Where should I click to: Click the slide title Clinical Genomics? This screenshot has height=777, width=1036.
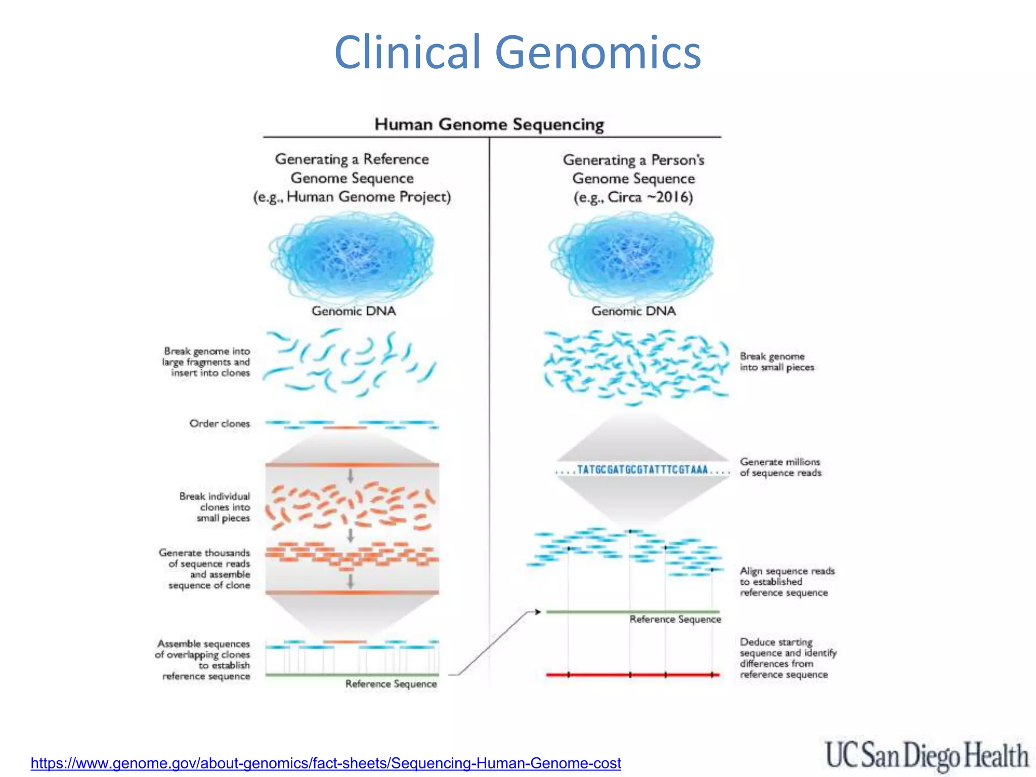tap(517, 52)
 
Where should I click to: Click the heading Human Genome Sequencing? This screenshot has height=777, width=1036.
tap(489, 124)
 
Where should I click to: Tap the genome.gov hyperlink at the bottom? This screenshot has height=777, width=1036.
tap(326, 762)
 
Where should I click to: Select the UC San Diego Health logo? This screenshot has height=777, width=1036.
tap(926, 755)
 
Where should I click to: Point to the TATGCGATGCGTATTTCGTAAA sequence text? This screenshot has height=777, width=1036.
tap(642, 470)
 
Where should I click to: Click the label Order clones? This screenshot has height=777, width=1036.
tap(220, 423)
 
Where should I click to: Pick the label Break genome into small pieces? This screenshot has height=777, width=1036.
tap(776, 362)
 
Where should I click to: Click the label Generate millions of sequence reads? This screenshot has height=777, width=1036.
tap(780, 467)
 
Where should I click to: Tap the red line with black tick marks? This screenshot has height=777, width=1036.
tap(632, 675)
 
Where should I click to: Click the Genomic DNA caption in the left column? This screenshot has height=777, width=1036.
tap(353, 311)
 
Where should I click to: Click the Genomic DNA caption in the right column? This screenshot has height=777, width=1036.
tap(633, 311)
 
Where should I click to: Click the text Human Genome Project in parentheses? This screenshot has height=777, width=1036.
tap(368, 196)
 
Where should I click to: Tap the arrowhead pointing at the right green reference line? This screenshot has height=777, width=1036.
tap(537, 612)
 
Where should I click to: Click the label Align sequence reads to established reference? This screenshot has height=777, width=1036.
tap(787, 582)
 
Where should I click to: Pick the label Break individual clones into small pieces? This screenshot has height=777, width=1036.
tap(215, 507)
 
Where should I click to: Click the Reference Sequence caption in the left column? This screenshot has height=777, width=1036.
tap(391, 684)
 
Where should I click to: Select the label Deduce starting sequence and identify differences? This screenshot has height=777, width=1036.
tap(788, 658)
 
